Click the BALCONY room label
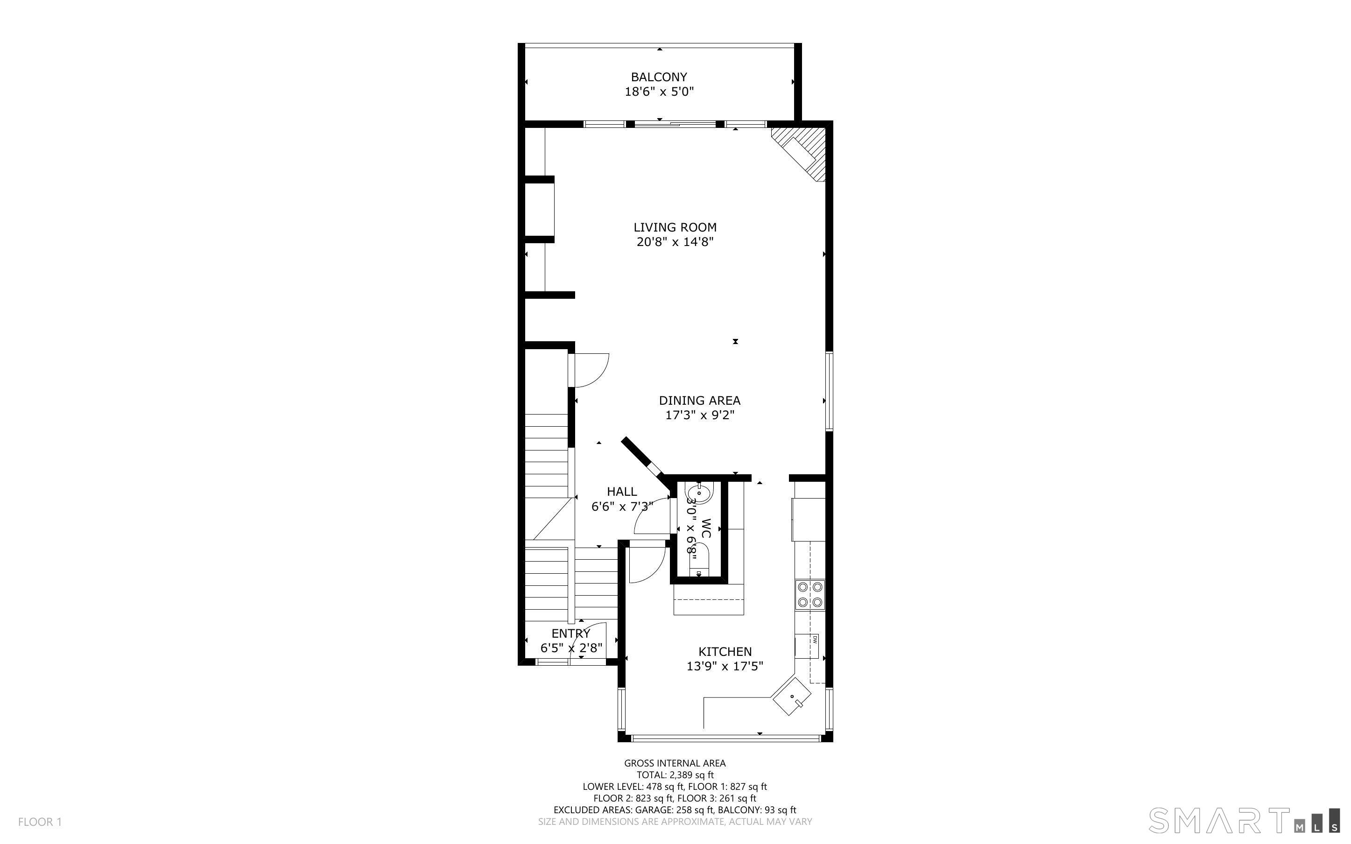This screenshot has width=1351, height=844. tap(659, 77)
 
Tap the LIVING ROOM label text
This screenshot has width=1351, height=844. tap(675, 227)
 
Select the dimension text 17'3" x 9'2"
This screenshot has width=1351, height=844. tap(699, 415)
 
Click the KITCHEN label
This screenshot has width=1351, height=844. tap(725, 651)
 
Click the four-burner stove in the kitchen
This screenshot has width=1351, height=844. tap(809, 594)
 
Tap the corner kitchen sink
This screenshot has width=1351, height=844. tap(792, 696)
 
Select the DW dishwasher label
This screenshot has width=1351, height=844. tap(815, 640)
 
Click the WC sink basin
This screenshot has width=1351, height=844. tap(699, 493)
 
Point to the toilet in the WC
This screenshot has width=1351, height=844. tap(698, 560)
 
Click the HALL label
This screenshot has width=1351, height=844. tap(622, 491)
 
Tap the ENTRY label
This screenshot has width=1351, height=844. tap(570, 633)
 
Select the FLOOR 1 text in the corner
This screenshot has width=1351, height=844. tap(40, 822)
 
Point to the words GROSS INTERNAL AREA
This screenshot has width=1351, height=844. tap(675, 763)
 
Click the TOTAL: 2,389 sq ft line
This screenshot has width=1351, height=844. tap(675, 775)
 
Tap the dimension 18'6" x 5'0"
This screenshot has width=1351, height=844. tap(659, 91)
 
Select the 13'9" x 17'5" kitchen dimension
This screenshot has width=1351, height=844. tap(725, 666)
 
